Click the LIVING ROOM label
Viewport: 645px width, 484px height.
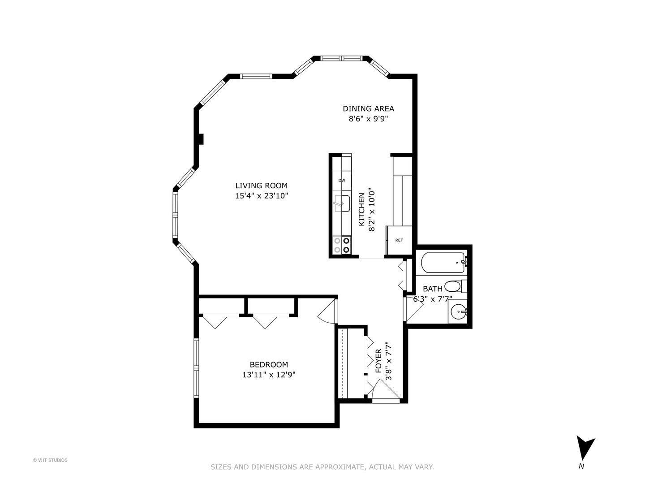coord(262,186)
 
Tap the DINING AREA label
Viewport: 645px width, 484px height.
coord(368,108)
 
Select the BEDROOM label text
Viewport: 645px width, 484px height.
coord(269,365)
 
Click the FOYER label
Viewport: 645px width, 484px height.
coord(378,361)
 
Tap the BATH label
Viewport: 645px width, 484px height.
coord(432,289)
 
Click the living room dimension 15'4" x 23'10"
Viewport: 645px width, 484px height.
coord(262,196)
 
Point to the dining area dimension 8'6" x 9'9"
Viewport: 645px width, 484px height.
coord(368,119)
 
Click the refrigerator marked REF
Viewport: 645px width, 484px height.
coord(399,241)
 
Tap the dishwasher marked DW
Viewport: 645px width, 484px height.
coord(342,181)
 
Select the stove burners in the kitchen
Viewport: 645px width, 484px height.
coord(342,245)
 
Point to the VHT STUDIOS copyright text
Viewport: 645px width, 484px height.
coord(50,460)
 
